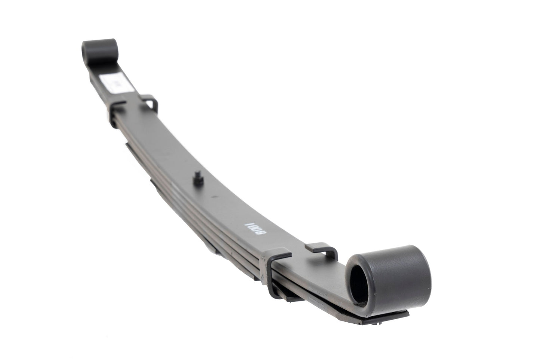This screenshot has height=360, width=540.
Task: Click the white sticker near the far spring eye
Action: pos(107,81)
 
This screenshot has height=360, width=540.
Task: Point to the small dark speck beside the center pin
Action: pos(212,196)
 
